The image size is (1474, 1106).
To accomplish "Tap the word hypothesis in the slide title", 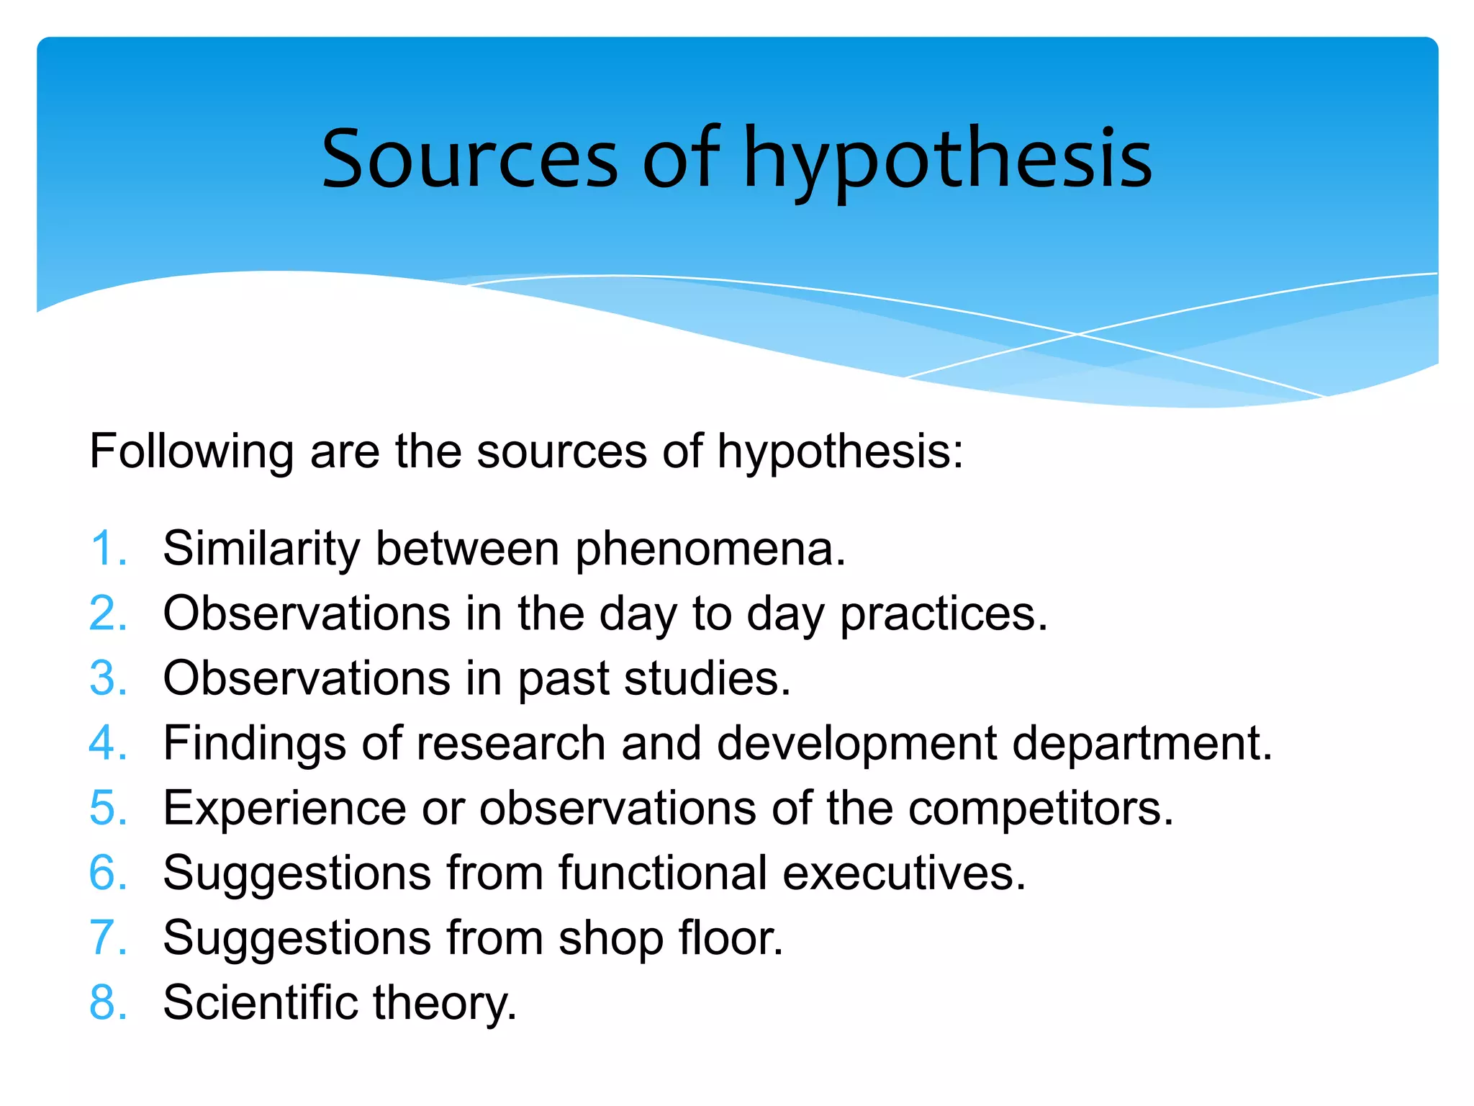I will [x=947, y=160].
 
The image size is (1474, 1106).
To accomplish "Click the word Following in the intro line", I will [x=191, y=452].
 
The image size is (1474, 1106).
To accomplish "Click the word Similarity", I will [x=261, y=549].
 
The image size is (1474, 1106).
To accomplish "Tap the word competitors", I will [x=1041, y=808].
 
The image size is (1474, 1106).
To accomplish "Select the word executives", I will [x=903, y=873].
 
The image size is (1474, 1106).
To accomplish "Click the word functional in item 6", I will [x=662, y=873].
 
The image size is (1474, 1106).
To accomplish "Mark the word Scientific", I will [x=260, y=1002].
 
